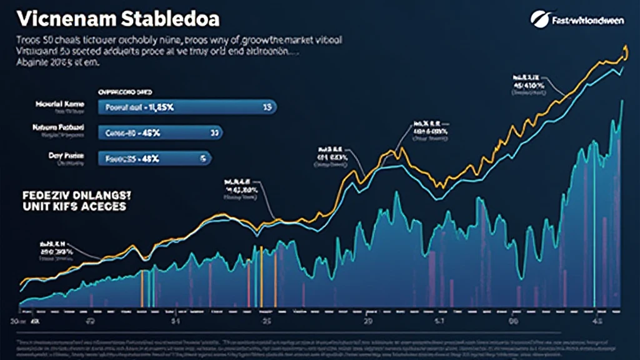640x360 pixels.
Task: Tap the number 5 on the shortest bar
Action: pos(203,159)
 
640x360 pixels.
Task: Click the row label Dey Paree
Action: pos(62,154)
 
